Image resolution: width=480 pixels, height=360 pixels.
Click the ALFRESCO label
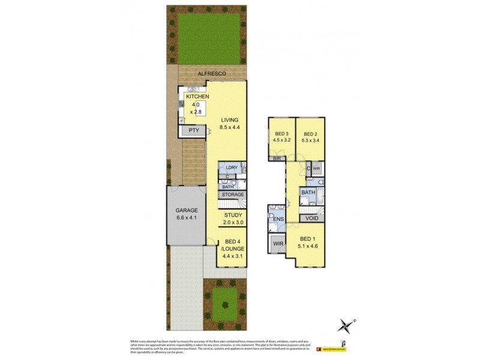[x=212, y=73]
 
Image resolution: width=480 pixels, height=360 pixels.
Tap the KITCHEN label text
[x=197, y=97]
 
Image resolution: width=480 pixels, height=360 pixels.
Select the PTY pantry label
[x=194, y=130]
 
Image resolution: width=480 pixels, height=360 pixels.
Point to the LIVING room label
[x=229, y=119]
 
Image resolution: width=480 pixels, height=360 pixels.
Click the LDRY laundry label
[x=232, y=167]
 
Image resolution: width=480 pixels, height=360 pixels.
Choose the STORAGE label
[x=233, y=195]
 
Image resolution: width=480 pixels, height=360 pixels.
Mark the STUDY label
[x=233, y=215]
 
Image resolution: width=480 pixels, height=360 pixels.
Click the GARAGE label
[x=186, y=211]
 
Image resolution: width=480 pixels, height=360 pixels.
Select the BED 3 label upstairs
[x=282, y=134]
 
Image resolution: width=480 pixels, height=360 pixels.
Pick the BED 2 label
[x=310, y=134]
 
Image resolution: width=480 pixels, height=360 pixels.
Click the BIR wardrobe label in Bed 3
[x=277, y=160]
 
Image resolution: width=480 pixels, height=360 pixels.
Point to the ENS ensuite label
[x=278, y=220]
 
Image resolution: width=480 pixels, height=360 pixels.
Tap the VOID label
[x=312, y=218]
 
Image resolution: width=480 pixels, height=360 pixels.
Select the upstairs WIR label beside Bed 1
[x=277, y=243]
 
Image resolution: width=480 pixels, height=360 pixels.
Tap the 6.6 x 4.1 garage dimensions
[x=186, y=218]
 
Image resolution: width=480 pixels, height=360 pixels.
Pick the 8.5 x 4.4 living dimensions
[x=229, y=127]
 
